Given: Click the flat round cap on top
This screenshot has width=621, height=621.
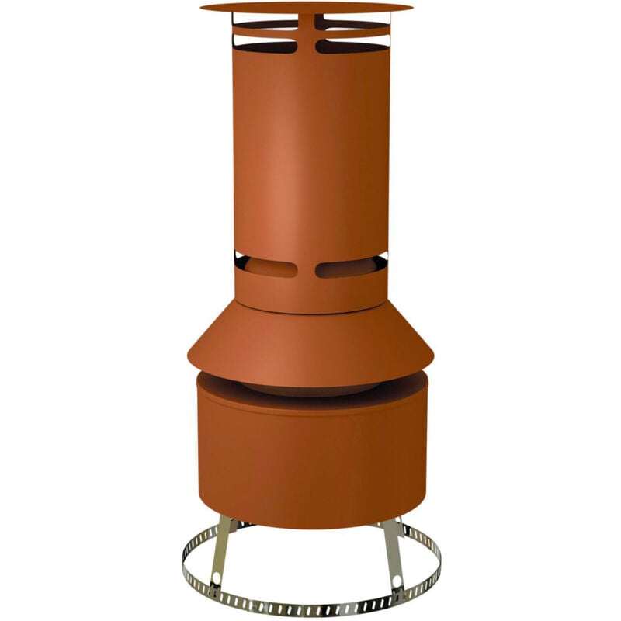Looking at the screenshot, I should [x=307, y=7].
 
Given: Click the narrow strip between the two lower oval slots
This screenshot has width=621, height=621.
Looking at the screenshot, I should [x=307, y=269].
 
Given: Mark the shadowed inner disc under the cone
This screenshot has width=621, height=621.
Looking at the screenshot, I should [x=310, y=388].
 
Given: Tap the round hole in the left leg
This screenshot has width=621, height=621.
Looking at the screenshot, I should [x=215, y=579].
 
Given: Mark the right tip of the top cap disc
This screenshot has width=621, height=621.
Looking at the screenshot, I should [x=411, y=7].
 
